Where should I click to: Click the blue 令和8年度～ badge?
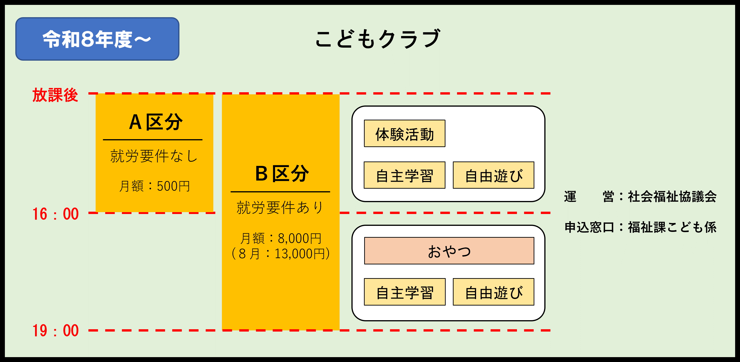(x=97, y=39)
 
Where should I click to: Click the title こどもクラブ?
(x=377, y=39)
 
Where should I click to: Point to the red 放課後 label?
(x=55, y=95)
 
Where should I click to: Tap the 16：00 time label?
(x=55, y=214)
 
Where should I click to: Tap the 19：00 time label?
(x=55, y=330)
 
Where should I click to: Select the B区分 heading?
(x=282, y=174)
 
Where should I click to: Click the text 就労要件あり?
(x=280, y=207)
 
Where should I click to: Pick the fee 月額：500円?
(x=154, y=186)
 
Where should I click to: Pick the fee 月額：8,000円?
(x=281, y=238)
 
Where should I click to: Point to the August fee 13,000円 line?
(x=281, y=253)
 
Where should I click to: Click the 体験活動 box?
(x=405, y=134)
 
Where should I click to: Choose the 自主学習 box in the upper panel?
(x=405, y=175)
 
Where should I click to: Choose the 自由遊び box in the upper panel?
(x=493, y=175)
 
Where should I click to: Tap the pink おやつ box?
(x=449, y=251)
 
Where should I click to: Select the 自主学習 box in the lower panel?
(x=405, y=292)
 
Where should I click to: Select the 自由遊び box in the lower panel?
(x=493, y=292)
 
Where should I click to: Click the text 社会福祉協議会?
(x=672, y=197)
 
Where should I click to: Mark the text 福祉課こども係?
(x=672, y=227)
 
